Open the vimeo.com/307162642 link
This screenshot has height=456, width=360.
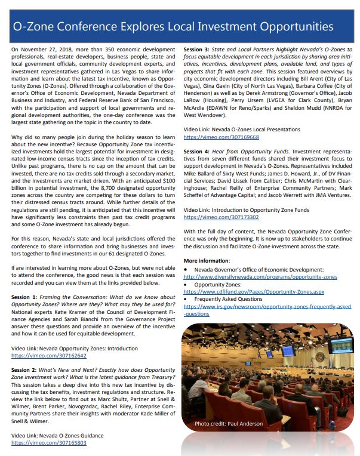pos(48,355)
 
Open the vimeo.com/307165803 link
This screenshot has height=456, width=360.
pos(48,443)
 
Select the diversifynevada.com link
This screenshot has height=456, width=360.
pos(260,277)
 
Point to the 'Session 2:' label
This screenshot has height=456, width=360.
pos(25,370)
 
